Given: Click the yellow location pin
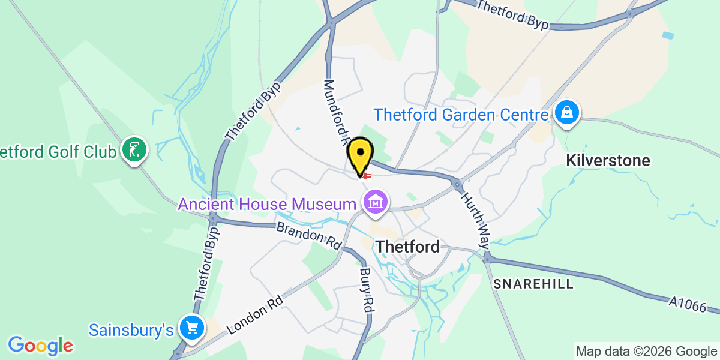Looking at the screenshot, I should click(x=360, y=154).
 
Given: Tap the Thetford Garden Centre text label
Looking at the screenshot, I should click(x=461, y=114).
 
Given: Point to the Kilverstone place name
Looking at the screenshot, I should click(x=608, y=161).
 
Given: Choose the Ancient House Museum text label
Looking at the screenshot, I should click(x=266, y=205).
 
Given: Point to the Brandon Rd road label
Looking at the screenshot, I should click(x=308, y=236).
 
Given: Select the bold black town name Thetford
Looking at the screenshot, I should click(x=407, y=247).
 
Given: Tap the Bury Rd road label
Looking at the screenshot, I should click(x=367, y=289).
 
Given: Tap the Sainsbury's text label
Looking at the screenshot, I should click(x=131, y=329).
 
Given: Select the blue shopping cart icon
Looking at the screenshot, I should click(x=192, y=328).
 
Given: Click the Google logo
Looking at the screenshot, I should click(x=40, y=345).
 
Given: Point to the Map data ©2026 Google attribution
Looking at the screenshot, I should click(x=647, y=351).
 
